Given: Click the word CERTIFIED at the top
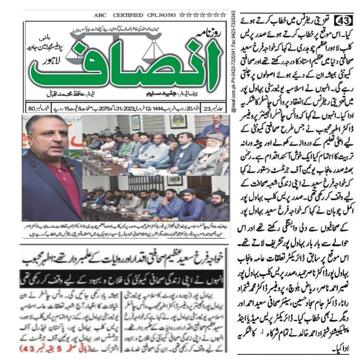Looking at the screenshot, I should click(x=128, y=15).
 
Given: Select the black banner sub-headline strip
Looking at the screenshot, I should click(x=125, y=273).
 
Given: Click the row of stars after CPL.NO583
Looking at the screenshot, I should click(x=202, y=15).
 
